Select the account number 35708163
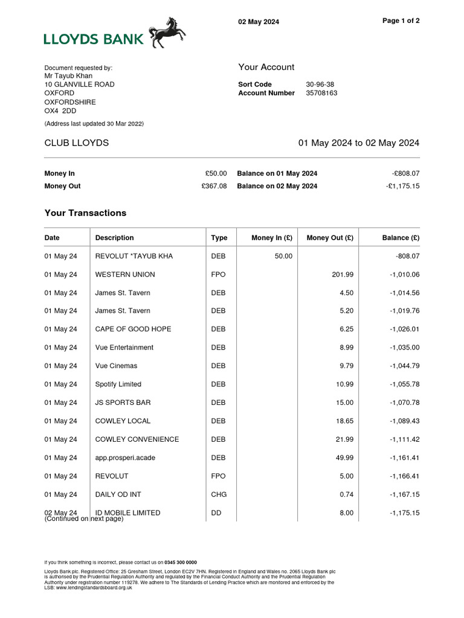tap(321, 93)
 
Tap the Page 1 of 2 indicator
tap(401, 21)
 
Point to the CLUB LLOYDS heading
tap(77, 143)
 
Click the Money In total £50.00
tap(216, 173)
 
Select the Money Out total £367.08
tap(214, 186)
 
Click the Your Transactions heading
tap(85, 213)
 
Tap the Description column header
tap(114, 238)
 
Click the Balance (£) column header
tap(401, 238)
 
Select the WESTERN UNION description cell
tap(125, 275)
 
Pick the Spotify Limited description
tap(118, 384)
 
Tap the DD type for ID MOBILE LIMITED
tap(216, 513)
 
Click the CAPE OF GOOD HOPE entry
tap(133, 330)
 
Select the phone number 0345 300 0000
tap(181, 562)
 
